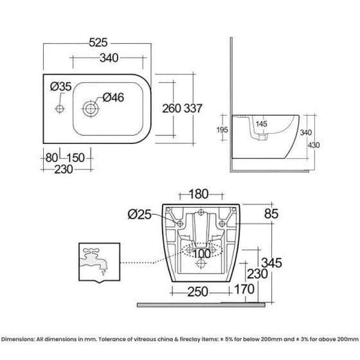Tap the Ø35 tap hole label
point(59,87)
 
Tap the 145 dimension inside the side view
point(262,123)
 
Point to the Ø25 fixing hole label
point(140,215)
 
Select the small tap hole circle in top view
point(59,107)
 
